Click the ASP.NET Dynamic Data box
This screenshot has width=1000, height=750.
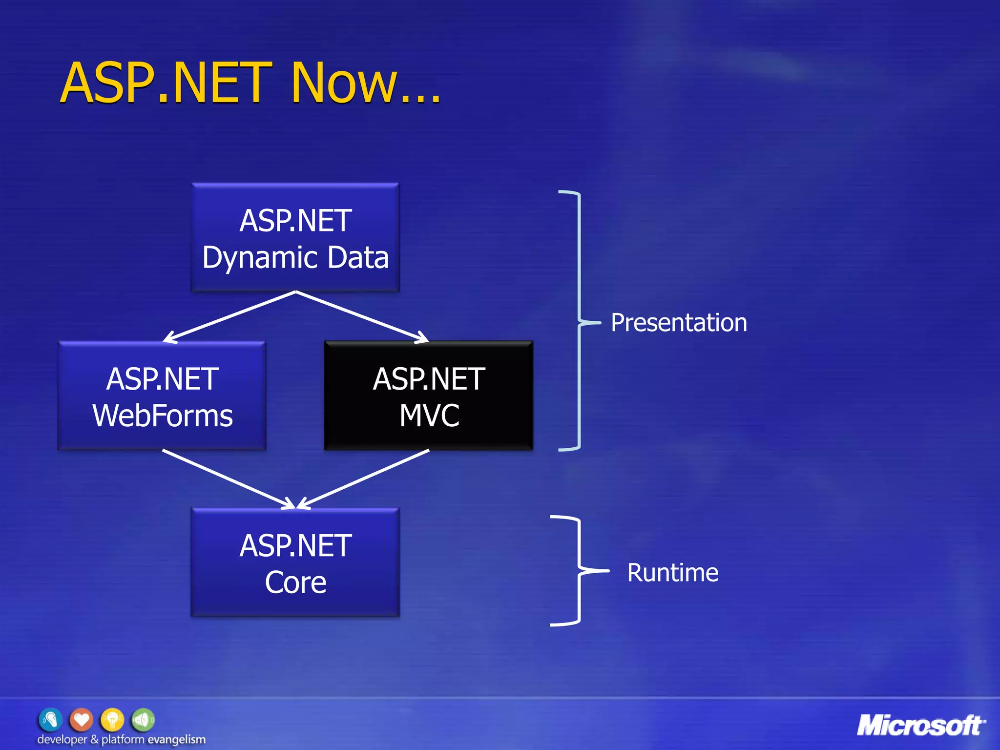pos(295,238)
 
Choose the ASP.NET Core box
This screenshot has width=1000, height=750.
pos(295,563)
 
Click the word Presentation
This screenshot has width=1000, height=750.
pos(679,323)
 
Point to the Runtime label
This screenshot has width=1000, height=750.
pos(672,573)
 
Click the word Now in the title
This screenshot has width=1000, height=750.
pos(344,83)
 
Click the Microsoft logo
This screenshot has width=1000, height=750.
pos(920,725)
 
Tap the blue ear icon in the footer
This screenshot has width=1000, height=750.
pos(50,719)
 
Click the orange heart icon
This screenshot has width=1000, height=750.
pos(81,719)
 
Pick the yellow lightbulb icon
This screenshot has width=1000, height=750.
pos(112,719)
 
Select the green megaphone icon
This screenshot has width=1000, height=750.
pos(143,719)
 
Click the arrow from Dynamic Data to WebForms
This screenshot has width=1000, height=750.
pos(229,316)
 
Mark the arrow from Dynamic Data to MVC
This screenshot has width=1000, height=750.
pos(362,316)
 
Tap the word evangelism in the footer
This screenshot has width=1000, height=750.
pos(176,740)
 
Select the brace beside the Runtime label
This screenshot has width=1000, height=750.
pos(579,570)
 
